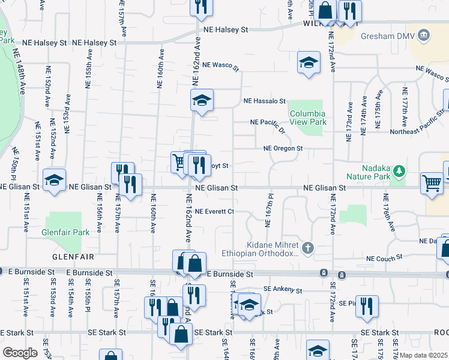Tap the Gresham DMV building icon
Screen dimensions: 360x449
click(x=424, y=35)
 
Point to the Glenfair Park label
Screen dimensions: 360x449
click(x=65, y=232)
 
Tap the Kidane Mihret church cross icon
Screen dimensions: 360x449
click(x=308, y=248)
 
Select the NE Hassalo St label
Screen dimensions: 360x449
click(x=264, y=102)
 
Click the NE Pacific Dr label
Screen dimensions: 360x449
click(x=268, y=124)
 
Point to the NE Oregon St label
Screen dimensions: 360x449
click(x=283, y=148)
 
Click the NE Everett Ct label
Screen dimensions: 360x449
click(x=214, y=211)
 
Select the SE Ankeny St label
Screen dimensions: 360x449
click(x=282, y=290)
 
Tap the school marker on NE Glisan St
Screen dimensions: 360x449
click(x=53, y=179)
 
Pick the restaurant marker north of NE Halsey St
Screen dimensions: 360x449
click(x=201, y=7)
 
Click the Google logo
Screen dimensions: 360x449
click(x=20, y=353)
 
